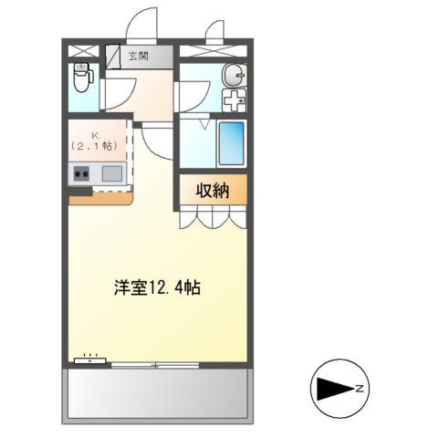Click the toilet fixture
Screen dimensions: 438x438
[x=81, y=79]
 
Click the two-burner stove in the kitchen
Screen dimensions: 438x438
[x=81, y=173]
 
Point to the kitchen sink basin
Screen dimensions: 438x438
[x=111, y=173]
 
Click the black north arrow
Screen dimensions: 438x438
[x=334, y=390]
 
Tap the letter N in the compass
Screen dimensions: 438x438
[x=361, y=390]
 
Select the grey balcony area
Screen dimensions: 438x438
[x=156, y=391]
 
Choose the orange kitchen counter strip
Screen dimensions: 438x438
[x=100, y=198]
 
